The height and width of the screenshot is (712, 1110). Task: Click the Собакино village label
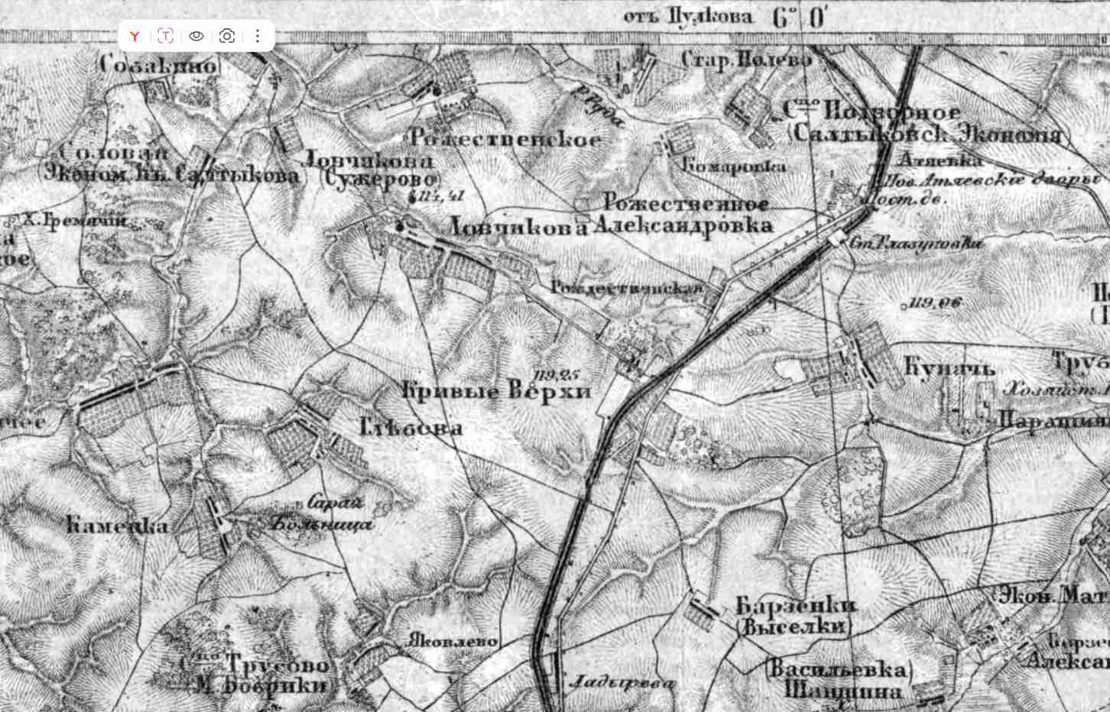[x=158, y=66]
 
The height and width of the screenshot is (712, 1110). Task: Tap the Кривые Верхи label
[x=497, y=392]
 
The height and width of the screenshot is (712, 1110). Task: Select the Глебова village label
[x=411, y=427]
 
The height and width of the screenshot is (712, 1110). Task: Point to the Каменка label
[x=117, y=526]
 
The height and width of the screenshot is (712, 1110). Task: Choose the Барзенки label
[x=796, y=607]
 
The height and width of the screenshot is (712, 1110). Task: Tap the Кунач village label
[x=949, y=368]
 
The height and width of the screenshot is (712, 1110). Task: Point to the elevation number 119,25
[x=557, y=374]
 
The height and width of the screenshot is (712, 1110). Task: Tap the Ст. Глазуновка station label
[x=916, y=244]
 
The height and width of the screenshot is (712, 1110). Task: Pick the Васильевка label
[x=836, y=670]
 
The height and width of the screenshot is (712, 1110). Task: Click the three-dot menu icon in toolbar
[x=258, y=36]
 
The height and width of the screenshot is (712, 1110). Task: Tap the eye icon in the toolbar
[x=196, y=36]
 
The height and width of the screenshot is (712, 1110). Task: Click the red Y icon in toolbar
[x=135, y=36]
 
